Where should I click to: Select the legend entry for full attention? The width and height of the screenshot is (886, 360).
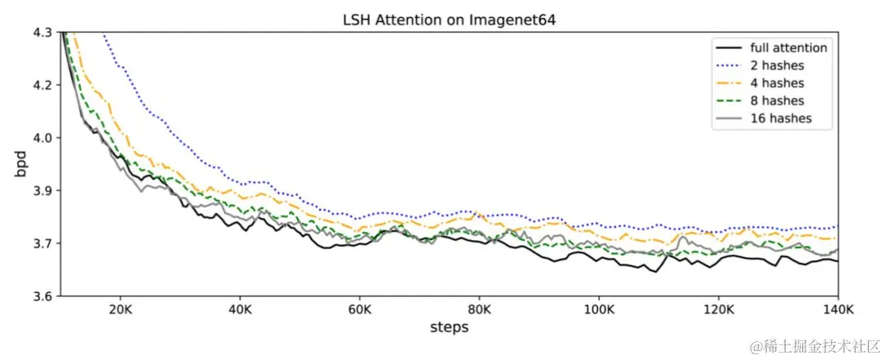click(x=788, y=48)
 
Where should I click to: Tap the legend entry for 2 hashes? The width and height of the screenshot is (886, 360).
click(x=777, y=66)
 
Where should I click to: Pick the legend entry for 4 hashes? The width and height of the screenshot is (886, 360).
click(x=777, y=83)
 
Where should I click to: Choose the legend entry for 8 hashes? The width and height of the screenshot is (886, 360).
click(x=777, y=101)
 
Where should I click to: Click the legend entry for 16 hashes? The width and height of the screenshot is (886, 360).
click(x=780, y=118)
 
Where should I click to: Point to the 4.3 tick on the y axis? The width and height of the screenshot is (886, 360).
click(x=43, y=32)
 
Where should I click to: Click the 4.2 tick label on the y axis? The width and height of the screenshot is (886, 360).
click(x=43, y=85)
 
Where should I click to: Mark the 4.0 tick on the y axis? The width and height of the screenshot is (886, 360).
click(x=43, y=138)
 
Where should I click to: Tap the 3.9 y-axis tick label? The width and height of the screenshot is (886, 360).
click(x=43, y=190)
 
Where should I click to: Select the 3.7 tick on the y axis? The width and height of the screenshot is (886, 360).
click(x=43, y=244)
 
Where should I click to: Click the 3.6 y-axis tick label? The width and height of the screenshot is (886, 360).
click(x=43, y=296)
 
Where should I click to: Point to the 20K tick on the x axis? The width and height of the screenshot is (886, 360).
click(x=121, y=311)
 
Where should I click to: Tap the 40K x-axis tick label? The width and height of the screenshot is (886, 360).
click(x=240, y=311)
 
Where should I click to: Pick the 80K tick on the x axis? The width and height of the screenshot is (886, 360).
click(x=479, y=311)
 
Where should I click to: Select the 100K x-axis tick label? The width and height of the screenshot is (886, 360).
click(x=598, y=311)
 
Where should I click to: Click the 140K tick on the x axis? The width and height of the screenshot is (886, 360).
click(x=837, y=311)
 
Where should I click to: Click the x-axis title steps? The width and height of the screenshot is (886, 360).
click(x=449, y=327)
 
